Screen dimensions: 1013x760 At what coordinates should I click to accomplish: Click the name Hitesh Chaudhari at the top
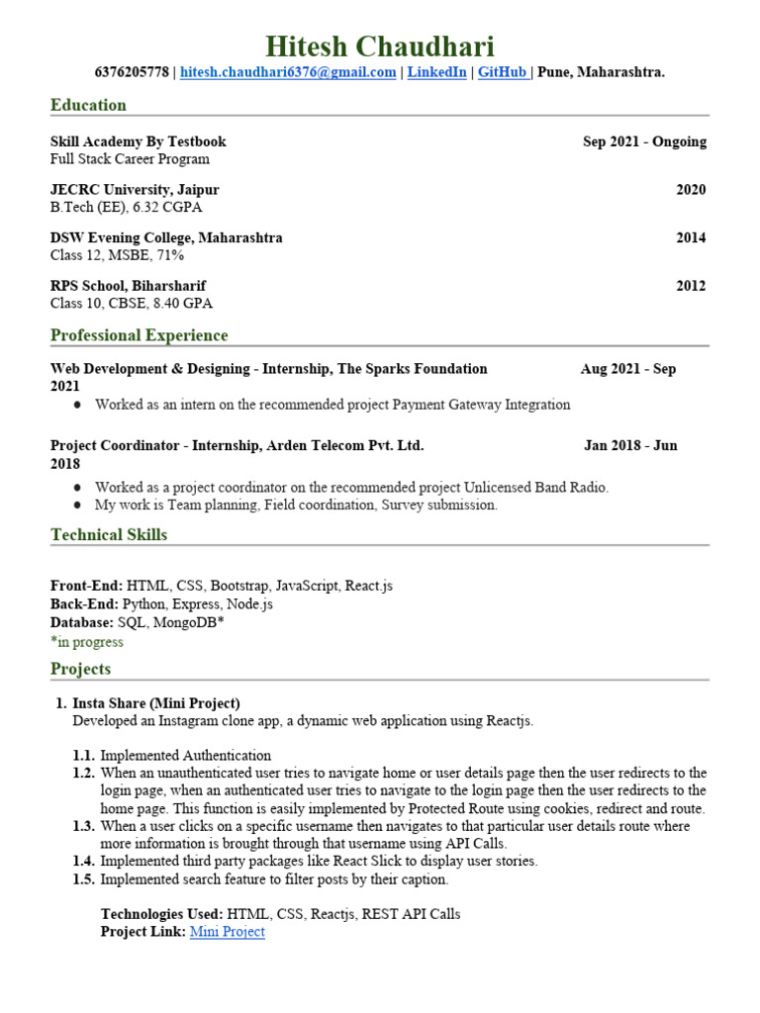click(x=380, y=46)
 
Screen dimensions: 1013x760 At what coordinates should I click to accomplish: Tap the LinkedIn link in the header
click(x=436, y=72)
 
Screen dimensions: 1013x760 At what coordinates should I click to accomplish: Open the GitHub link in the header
click(x=502, y=72)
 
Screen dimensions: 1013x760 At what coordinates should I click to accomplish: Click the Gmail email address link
click(x=288, y=72)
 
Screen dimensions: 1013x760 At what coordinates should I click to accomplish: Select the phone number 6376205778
click(x=132, y=72)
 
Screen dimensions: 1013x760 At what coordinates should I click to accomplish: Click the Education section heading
click(x=88, y=105)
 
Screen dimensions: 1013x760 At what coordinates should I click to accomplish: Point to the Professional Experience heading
click(x=139, y=335)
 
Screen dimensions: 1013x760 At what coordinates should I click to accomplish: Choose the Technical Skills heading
click(x=109, y=535)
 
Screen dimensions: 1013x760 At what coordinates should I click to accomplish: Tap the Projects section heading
click(x=80, y=669)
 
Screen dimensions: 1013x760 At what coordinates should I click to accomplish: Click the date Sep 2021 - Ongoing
click(x=644, y=141)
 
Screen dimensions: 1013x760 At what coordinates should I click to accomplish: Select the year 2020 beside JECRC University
click(x=691, y=190)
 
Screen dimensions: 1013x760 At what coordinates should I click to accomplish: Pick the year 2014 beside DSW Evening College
click(x=691, y=238)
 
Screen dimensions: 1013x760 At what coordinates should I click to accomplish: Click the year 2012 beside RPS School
click(x=691, y=286)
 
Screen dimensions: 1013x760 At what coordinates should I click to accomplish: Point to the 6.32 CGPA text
click(x=174, y=208)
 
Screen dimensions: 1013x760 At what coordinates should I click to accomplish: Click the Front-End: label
click(x=86, y=586)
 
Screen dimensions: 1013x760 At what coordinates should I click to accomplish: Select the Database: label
click(x=82, y=622)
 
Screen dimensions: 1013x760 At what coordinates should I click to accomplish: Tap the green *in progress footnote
click(x=87, y=641)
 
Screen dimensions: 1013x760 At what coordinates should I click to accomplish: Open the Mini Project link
click(x=227, y=932)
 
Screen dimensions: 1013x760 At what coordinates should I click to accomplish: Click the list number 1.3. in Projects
click(x=84, y=825)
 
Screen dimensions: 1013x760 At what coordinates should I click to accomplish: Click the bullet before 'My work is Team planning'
click(x=78, y=506)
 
